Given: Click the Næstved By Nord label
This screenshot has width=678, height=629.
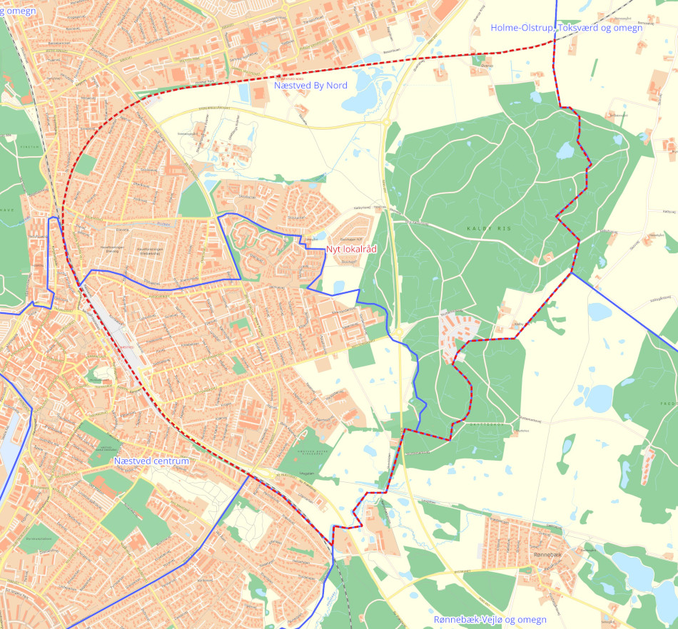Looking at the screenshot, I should [x=310, y=86].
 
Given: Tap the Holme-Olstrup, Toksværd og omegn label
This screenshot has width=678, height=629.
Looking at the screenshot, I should [x=567, y=28].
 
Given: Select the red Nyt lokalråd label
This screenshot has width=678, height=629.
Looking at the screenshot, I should [x=351, y=249].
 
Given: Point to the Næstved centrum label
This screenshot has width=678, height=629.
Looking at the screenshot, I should [x=151, y=461].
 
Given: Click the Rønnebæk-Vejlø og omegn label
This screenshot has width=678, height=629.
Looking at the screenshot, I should [x=490, y=620].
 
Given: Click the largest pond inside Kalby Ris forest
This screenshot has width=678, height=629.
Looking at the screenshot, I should [x=565, y=150].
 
